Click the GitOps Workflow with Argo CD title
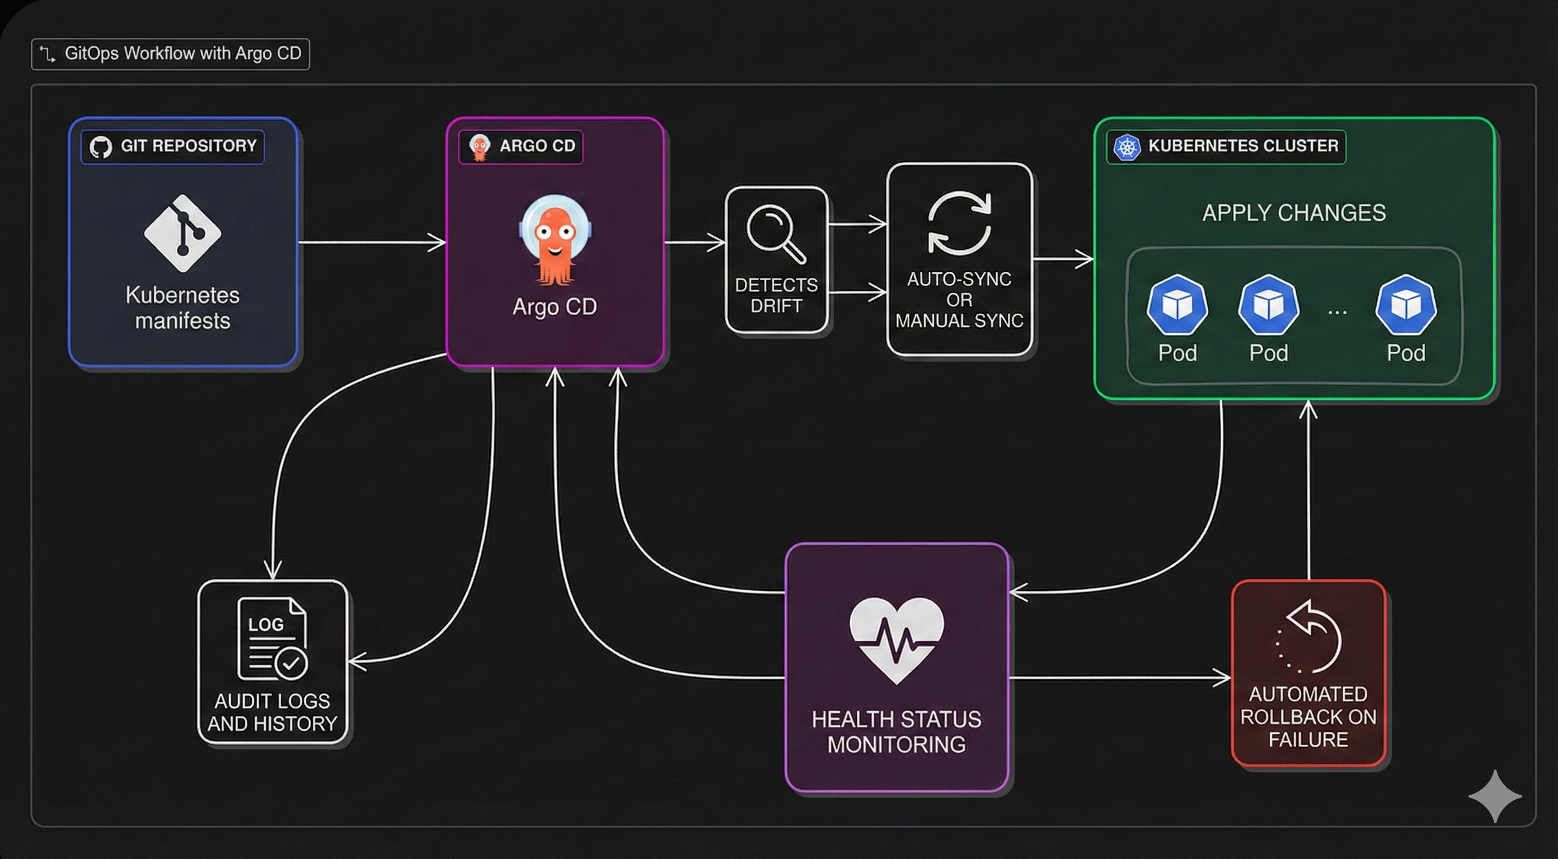pos(182,54)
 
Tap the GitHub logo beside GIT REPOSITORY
pos(100,147)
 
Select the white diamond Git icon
pos(182,233)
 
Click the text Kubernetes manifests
pos(182,308)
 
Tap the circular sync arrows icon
pos(959,223)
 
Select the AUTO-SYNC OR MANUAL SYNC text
pos(959,300)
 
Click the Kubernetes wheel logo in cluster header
pos(1127,147)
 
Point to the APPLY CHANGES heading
pos(1294,213)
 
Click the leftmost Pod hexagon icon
pos(1177,305)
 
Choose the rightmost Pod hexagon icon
pos(1406,305)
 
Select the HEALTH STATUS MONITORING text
pos(897,731)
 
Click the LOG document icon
pos(272,640)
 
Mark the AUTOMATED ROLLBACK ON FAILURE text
pos(1308,717)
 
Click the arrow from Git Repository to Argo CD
pos(372,242)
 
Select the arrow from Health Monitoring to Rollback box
pos(1119,678)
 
